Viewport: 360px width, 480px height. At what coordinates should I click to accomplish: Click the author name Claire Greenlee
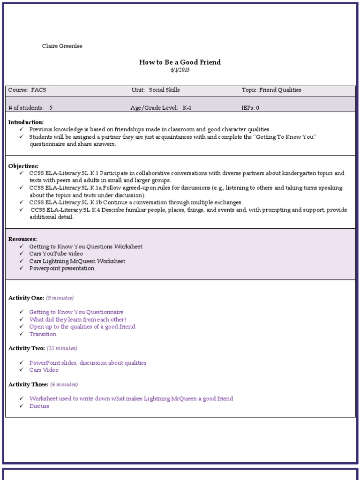[62, 46]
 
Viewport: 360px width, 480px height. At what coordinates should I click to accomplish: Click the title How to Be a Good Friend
[180, 62]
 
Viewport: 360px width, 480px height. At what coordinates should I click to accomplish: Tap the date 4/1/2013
[180, 70]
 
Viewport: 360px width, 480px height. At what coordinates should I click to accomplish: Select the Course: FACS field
[27, 90]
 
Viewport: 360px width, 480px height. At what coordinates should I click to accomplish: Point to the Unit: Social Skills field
[155, 90]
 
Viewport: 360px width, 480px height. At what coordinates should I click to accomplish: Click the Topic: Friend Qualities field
[271, 90]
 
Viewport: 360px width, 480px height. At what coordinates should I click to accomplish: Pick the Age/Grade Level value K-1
[187, 108]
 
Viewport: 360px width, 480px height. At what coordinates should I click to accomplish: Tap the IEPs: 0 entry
[250, 108]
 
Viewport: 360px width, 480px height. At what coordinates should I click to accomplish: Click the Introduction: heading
[26, 122]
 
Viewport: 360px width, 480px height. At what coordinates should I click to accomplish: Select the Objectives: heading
[23, 166]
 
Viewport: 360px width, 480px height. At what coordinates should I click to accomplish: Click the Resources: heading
[22, 239]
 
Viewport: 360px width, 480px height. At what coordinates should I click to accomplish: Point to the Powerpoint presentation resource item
[61, 269]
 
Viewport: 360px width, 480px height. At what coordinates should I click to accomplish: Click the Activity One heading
[26, 298]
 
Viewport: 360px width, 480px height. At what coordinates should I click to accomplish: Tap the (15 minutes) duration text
[62, 348]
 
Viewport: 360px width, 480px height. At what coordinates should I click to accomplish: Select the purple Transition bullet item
[43, 334]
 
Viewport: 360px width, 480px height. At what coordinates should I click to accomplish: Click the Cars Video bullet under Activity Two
[44, 370]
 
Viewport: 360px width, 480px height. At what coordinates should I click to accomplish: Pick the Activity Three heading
[28, 384]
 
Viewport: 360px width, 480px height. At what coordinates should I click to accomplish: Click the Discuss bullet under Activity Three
[39, 406]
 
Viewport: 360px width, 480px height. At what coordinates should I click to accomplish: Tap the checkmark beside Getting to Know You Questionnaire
[21, 312]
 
